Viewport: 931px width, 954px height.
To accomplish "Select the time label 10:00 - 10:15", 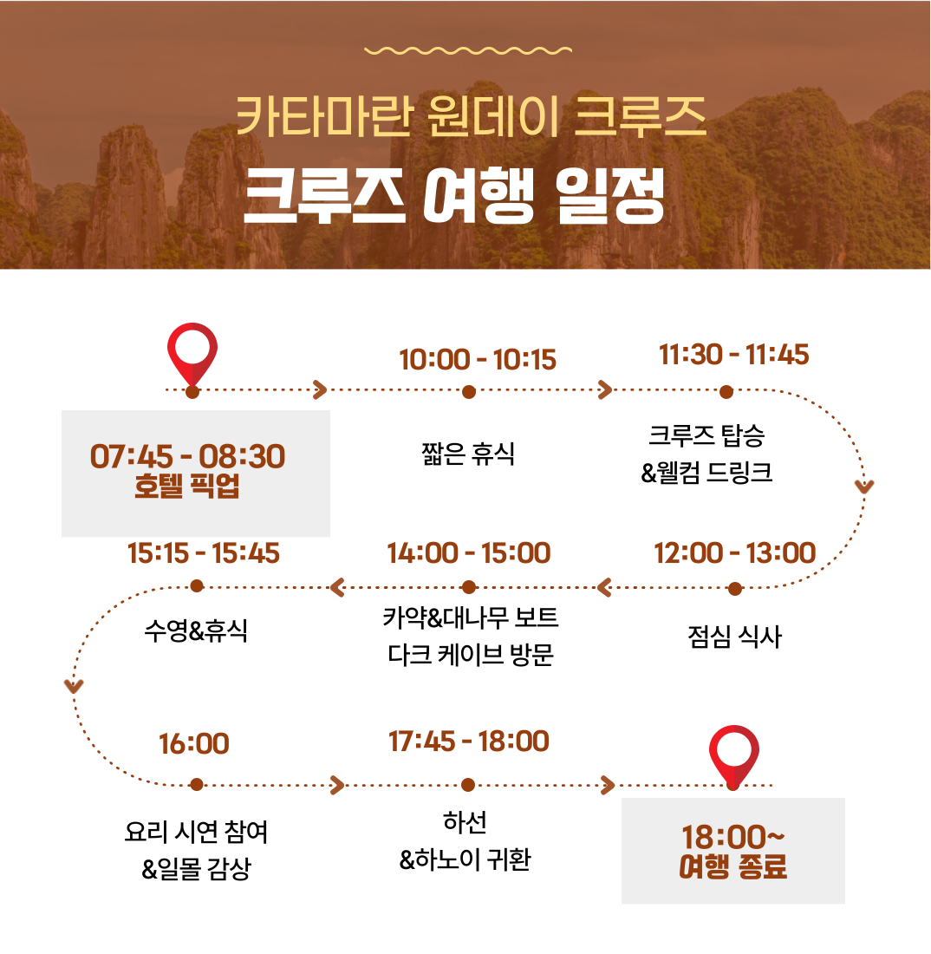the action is (x=478, y=360).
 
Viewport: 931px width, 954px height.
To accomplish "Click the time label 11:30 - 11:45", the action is (x=734, y=355).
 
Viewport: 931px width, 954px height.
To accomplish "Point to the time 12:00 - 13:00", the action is (x=734, y=553).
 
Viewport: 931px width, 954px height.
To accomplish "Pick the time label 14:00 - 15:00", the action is (x=469, y=553).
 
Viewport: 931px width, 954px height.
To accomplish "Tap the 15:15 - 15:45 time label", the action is (x=203, y=553).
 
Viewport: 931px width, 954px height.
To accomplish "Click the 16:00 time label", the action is (x=194, y=743).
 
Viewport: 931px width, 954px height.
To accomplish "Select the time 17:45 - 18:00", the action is (x=469, y=741).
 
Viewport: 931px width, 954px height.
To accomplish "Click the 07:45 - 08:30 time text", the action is (x=187, y=456).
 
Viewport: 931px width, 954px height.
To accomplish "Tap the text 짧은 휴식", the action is (x=468, y=454).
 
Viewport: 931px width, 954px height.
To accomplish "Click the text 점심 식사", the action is (x=734, y=637).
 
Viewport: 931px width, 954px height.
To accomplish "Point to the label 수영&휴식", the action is (x=196, y=630).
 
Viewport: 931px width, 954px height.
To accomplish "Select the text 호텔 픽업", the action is (x=186, y=486).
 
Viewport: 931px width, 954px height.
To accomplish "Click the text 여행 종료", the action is (x=732, y=866).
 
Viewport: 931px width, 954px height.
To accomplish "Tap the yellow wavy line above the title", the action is (x=468, y=50).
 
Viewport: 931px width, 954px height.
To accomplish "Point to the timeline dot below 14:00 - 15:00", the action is (x=469, y=587).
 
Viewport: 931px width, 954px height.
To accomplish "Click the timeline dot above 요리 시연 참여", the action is (x=196, y=784).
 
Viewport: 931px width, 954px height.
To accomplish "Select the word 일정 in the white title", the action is (x=610, y=195).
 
